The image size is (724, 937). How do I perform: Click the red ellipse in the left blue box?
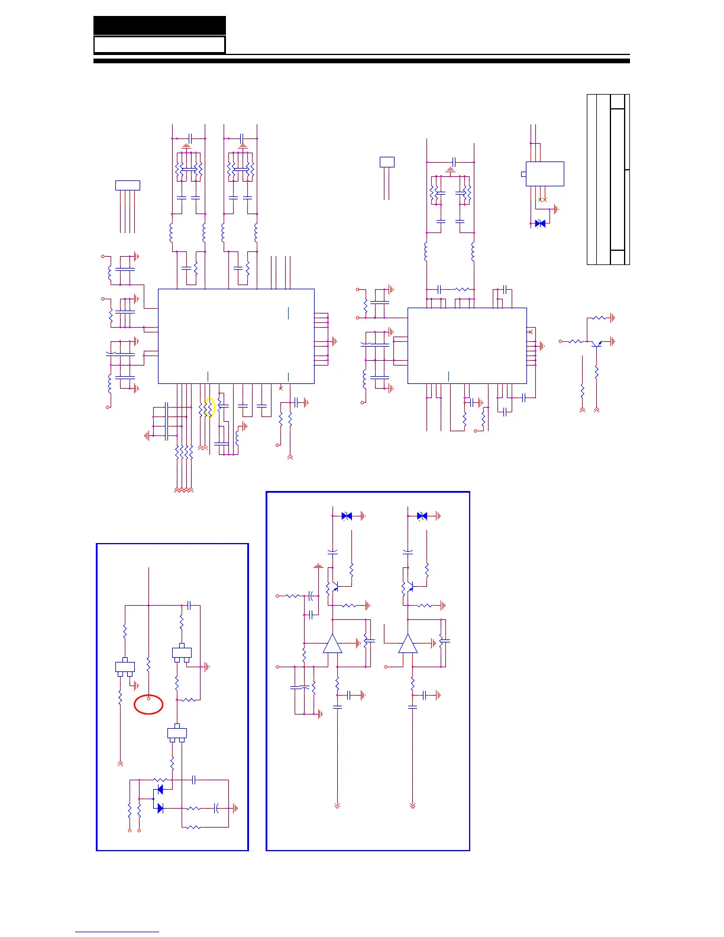[148, 705]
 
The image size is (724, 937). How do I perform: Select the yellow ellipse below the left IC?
[208, 408]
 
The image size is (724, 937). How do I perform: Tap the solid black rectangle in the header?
[160, 25]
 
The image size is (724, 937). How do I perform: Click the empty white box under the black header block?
[160, 45]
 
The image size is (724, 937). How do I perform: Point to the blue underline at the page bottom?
[117, 932]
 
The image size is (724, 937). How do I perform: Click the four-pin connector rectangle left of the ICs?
[127, 185]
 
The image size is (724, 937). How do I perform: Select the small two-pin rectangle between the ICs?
[387, 161]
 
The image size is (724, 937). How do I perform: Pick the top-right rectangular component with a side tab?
[544, 174]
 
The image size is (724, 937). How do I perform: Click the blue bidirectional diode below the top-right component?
[539, 224]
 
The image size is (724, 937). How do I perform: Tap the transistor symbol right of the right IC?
[596, 343]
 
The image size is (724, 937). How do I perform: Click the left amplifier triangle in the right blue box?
[332, 643]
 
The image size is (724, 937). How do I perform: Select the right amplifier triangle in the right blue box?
[408, 643]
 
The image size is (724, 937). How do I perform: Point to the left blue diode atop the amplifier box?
[347, 516]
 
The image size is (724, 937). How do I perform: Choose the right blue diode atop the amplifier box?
[422, 516]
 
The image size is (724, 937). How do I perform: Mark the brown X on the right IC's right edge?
[531, 332]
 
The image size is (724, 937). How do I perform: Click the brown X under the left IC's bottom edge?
[280, 388]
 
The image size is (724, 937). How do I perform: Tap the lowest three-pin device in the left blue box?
[177, 734]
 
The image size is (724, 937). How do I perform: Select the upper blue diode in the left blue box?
[159, 790]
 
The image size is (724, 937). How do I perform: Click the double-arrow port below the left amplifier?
[337, 806]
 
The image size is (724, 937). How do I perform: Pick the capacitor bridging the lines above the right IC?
[453, 161]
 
